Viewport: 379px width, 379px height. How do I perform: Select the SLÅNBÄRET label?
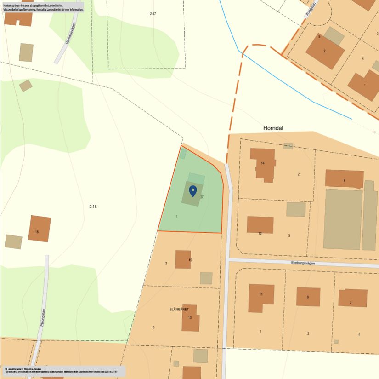point(179,310)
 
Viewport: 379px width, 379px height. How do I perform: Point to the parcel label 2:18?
point(93,207)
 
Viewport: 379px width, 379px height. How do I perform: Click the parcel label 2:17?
point(153,14)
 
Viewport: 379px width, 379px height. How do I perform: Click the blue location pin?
point(193,190)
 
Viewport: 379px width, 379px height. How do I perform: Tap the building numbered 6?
point(344,179)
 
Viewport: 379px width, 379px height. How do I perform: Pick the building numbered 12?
point(260,225)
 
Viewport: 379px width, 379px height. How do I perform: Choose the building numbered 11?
point(260,297)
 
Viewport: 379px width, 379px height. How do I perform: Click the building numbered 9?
point(308,297)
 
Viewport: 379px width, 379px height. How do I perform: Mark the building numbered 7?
point(352,298)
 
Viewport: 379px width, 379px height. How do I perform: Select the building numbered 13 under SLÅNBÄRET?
point(190,318)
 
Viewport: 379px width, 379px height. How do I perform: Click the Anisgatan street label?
point(311,8)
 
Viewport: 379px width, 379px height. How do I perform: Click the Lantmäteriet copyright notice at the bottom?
point(55,370)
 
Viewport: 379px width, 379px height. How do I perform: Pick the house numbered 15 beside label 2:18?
point(39,229)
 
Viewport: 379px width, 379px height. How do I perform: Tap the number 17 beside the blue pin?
point(202,196)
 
